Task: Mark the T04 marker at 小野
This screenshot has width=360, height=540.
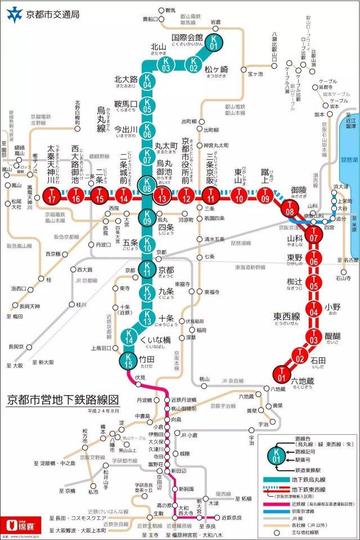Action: coord(313,308)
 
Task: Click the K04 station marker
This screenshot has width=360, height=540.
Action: coord(147,84)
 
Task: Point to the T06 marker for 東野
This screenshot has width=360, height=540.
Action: coord(314,260)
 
